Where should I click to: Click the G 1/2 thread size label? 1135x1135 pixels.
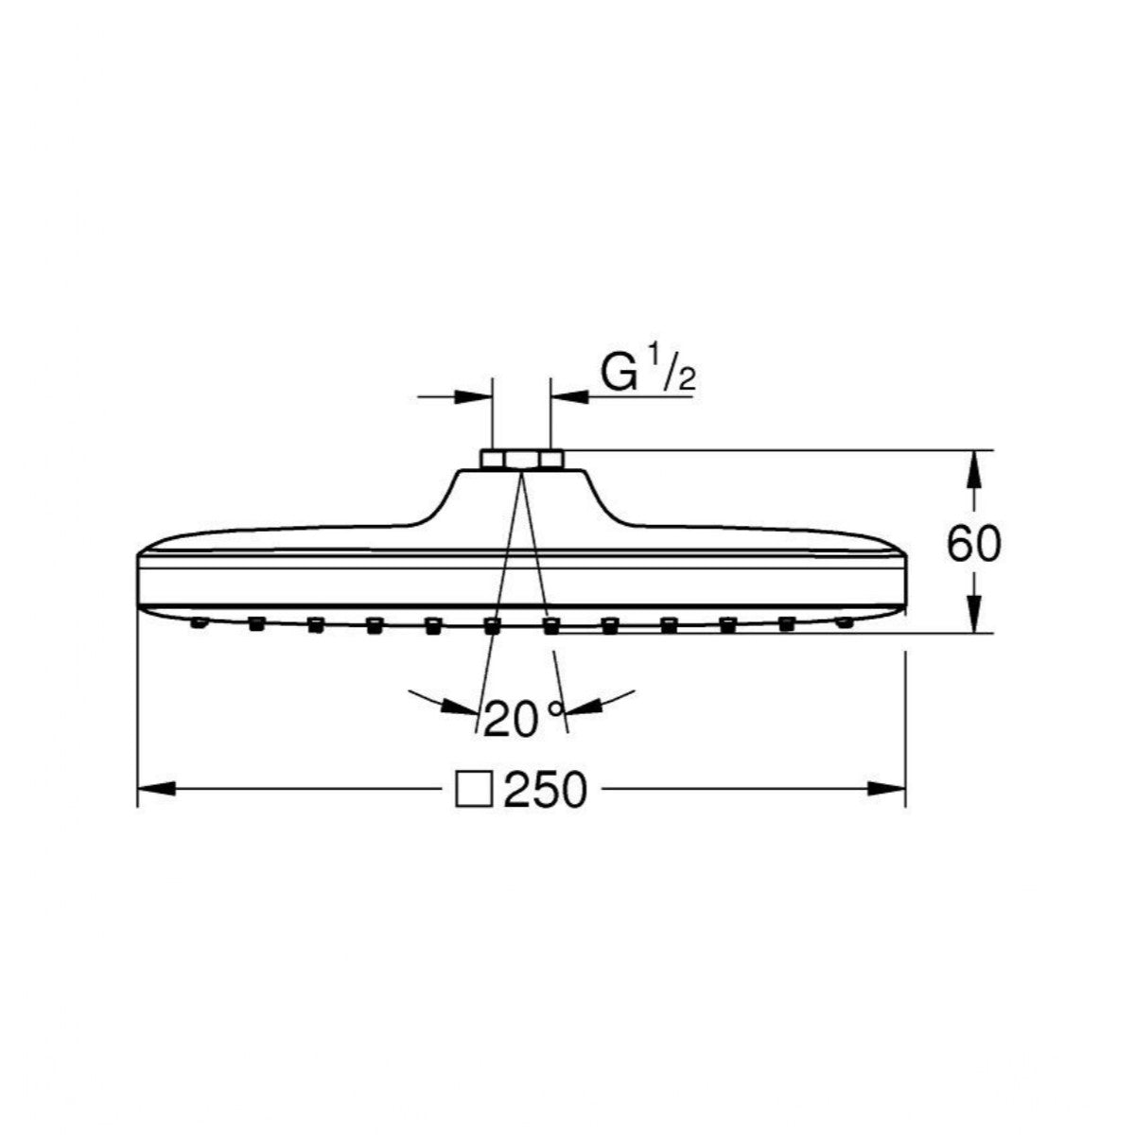click(x=648, y=373)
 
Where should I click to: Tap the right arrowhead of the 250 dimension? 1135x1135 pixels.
click(x=886, y=789)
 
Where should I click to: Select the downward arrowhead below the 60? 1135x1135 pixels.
click(x=973, y=615)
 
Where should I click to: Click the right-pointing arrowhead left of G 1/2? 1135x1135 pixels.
click(x=473, y=397)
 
